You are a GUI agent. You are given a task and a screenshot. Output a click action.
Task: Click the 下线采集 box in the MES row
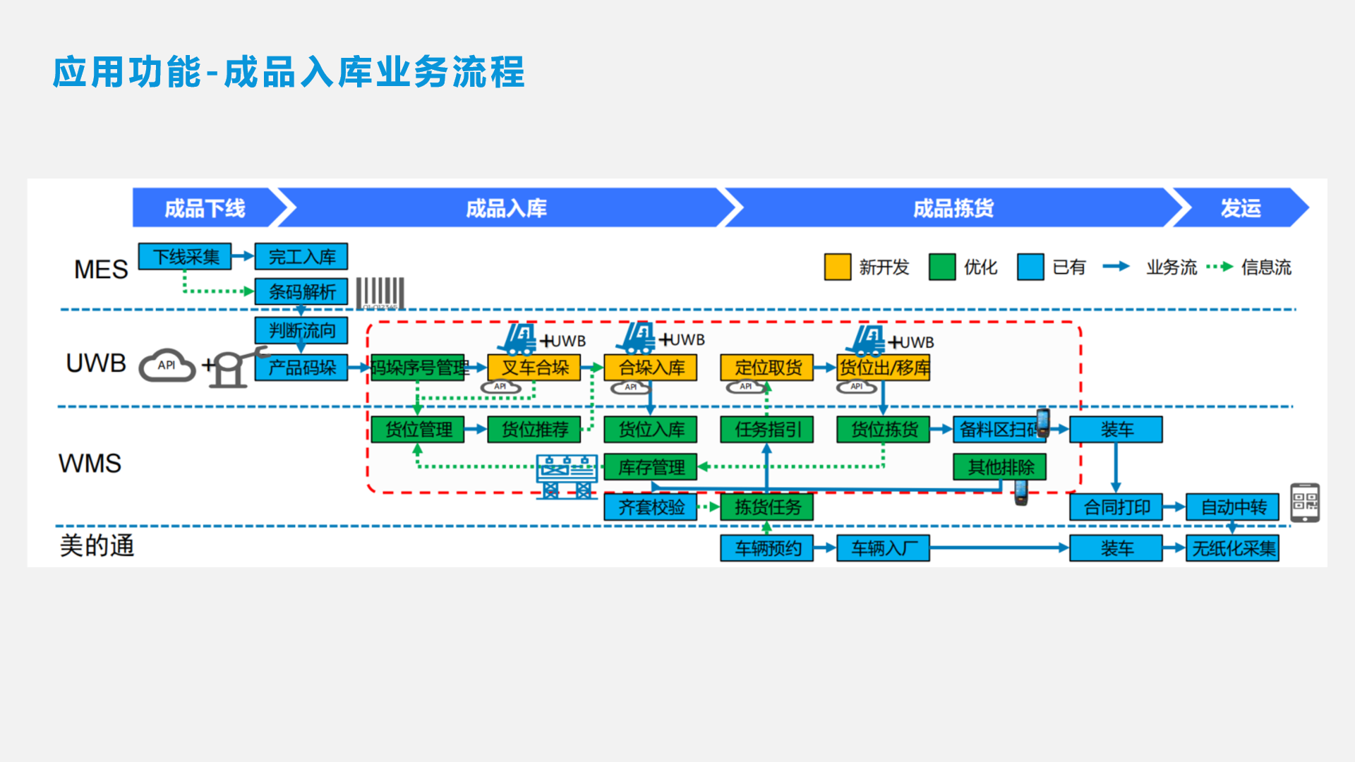click(185, 257)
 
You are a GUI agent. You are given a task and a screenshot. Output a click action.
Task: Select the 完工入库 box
click(301, 257)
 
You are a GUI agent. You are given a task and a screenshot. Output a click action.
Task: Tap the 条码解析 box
click(301, 291)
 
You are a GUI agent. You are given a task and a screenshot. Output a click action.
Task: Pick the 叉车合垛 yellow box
click(534, 368)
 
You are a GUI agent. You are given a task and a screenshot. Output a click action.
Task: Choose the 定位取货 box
click(767, 368)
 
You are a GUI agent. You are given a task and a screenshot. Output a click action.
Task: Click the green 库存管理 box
click(651, 467)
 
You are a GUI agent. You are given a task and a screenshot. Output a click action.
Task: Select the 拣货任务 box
click(767, 507)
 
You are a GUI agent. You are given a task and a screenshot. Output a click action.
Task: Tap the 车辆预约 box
click(767, 548)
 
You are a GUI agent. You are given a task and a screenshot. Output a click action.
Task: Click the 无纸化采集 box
click(1233, 548)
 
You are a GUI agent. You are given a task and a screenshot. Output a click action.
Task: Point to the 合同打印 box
click(1116, 507)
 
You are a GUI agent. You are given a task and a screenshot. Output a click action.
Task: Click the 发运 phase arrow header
click(1240, 208)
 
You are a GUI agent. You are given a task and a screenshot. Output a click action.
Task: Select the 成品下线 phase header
click(205, 208)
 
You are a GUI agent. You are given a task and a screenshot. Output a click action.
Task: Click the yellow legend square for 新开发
click(838, 267)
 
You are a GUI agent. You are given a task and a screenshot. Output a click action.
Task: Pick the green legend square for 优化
click(942, 267)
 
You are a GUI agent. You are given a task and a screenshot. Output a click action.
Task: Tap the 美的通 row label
click(97, 545)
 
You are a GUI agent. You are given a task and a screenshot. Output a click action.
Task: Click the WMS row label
click(90, 464)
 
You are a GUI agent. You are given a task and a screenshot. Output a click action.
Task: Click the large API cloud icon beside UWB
click(167, 365)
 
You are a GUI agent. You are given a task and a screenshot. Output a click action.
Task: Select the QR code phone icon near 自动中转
click(1305, 502)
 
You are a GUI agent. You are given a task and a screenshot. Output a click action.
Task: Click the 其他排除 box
click(1000, 467)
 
